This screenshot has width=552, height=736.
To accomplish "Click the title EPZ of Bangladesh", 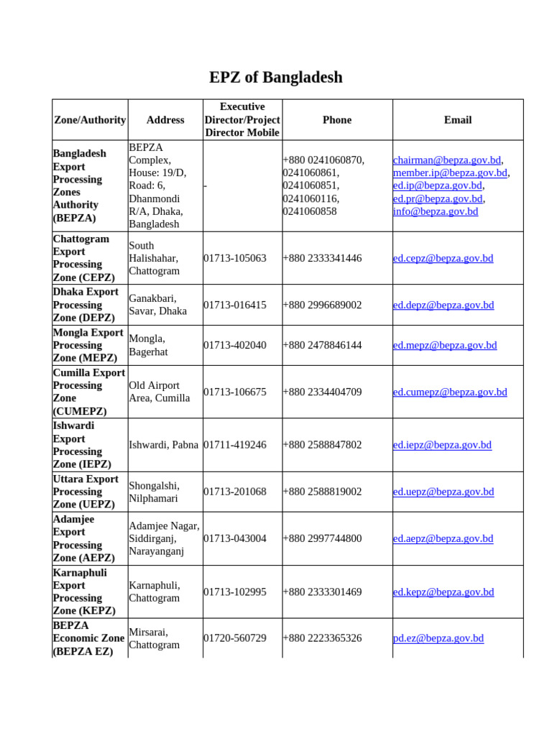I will pyautogui.click(x=276, y=77).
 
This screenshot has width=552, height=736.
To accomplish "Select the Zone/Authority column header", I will pyautogui.click(x=90, y=120).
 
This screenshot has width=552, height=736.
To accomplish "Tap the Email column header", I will pyautogui.click(x=458, y=120).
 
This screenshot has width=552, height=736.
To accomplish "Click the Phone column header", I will pyautogui.click(x=337, y=120).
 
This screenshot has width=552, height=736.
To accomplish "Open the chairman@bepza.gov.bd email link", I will pyautogui.click(x=446, y=160).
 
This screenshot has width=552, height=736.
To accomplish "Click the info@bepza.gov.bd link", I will pyautogui.click(x=435, y=211).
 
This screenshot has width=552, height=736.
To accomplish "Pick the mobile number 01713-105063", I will pyautogui.click(x=235, y=258).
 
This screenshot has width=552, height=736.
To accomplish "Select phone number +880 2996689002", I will pyautogui.click(x=322, y=305).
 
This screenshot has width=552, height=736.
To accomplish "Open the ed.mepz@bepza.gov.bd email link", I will pyautogui.click(x=444, y=345).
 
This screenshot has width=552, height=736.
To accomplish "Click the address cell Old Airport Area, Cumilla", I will pyautogui.click(x=160, y=392).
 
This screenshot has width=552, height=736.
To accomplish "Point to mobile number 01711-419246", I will pyautogui.click(x=235, y=445).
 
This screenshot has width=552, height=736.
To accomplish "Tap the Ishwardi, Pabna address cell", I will pyautogui.click(x=163, y=445).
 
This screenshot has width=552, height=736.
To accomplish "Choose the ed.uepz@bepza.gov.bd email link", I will pyautogui.click(x=443, y=492).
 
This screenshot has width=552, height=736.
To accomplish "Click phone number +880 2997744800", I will pyautogui.click(x=322, y=538).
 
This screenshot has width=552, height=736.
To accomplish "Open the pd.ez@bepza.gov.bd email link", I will pyautogui.click(x=438, y=638).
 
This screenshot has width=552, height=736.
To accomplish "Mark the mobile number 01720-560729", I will pyautogui.click(x=235, y=638).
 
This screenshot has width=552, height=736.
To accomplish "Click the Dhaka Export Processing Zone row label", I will pyautogui.click(x=86, y=305).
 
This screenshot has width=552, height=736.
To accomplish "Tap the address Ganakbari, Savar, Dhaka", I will pyautogui.click(x=157, y=305).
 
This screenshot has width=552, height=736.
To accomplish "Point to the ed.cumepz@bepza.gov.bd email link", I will pyautogui.click(x=450, y=392).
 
